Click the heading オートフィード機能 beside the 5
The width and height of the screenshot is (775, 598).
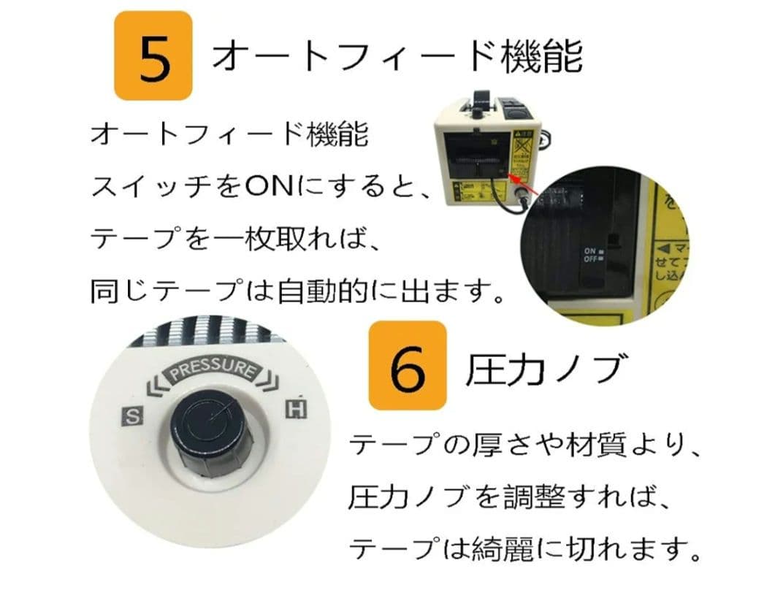pyautogui.click(x=397, y=57)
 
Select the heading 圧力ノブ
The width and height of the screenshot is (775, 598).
pyautogui.click(x=545, y=369)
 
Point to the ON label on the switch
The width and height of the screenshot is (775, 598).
pyautogui.click(x=589, y=250)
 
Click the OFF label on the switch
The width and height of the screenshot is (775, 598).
pyautogui.click(x=589, y=259)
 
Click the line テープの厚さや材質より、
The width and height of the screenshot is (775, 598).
pyautogui.click(x=526, y=445)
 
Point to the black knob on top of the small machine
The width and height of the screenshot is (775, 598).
pyautogui.click(x=476, y=112)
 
